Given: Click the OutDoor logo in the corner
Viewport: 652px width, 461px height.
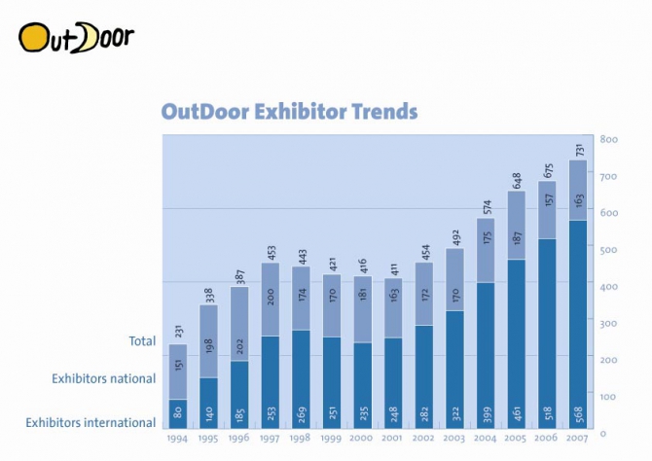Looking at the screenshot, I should tap(76, 37).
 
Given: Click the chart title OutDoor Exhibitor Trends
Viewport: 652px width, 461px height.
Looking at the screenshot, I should tap(289, 112).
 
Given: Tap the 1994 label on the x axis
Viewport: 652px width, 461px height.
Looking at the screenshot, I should tap(177, 440).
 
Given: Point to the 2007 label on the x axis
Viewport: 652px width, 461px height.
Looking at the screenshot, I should tap(577, 440).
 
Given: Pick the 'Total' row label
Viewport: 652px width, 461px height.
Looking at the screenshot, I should tap(142, 341).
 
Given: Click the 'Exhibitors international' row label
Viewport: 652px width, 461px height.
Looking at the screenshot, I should tap(91, 422).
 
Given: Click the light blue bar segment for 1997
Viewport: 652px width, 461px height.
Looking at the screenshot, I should tap(270, 300).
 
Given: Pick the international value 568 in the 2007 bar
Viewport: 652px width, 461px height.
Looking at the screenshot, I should tap(578, 412).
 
